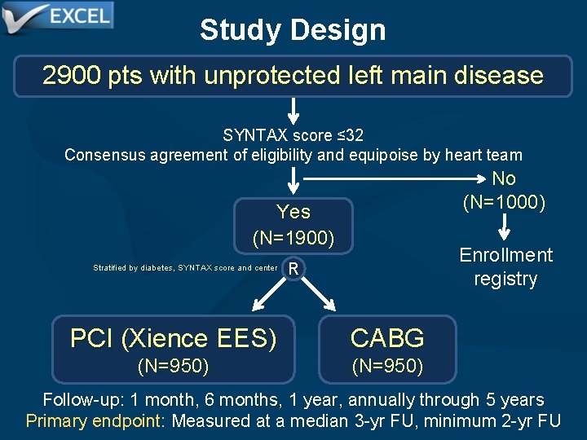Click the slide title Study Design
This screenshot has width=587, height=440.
click(293, 30)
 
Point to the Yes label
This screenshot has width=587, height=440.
click(293, 212)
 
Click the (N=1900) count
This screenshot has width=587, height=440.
click(293, 238)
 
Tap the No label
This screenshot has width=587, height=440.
click(504, 178)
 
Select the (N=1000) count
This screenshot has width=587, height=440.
click(504, 201)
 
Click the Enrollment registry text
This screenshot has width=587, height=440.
click(505, 266)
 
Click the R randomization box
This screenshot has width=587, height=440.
click(293, 268)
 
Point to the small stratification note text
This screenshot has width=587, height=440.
click(185, 268)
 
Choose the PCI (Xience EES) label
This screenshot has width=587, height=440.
click(173, 338)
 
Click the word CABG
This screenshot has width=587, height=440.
click(387, 338)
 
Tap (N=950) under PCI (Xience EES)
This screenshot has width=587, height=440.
click(173, 367)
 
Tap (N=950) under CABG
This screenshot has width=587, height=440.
click(387, 367)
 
